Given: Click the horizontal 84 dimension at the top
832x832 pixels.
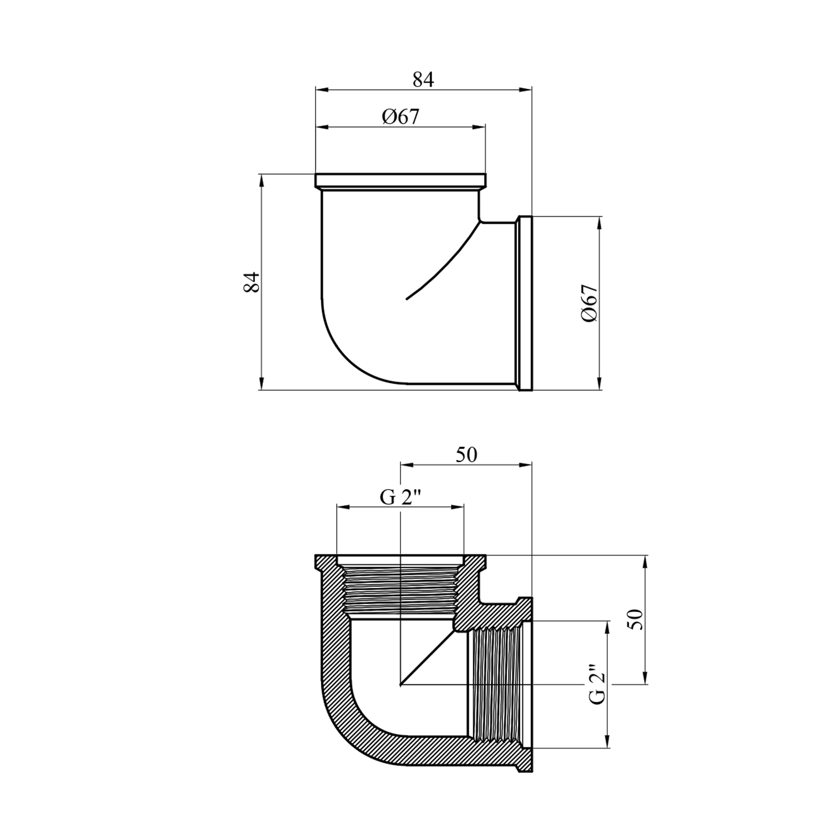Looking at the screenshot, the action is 423,80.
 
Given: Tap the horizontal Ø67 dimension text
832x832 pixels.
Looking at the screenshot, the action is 400,117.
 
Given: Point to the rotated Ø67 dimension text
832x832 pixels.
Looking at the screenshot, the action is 589,303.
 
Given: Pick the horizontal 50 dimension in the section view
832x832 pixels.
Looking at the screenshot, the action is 466,455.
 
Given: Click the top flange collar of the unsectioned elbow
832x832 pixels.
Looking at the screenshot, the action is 400,180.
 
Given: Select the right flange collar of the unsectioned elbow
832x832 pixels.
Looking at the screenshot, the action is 525,303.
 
